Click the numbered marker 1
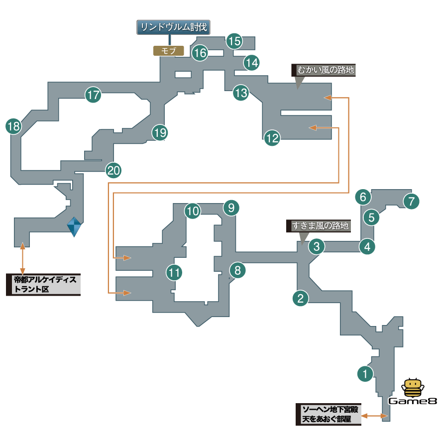pyautogui.click(x=366, y=373)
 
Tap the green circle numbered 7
pyautogui.click(x=411, y=202)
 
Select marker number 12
pyautogui.click(x=272, y=138)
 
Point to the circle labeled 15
pyautogui.click(x=234, y=41)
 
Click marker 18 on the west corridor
pyautogui.click(x=13, y=126)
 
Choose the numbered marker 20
pyautogui.click(x=113, y=171)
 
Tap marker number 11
pyautogui.click(x=174, y=272)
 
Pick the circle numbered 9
pyautogui.click(x=231, y=208)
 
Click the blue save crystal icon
pyautogui.click(x=74, y=227)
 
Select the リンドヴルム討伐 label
pyautogui.click(x=174, y=27)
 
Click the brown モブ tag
pyautogui.click(x=168, y=50)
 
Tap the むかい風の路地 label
pyautogui.click(x=324, y=70)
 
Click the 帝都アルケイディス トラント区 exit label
pyautogui.click(x=43, y=285)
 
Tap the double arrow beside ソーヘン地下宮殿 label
pyautogui.click(x=374, y=415)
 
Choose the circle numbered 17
pyautogui.click(x=93, y=95)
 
